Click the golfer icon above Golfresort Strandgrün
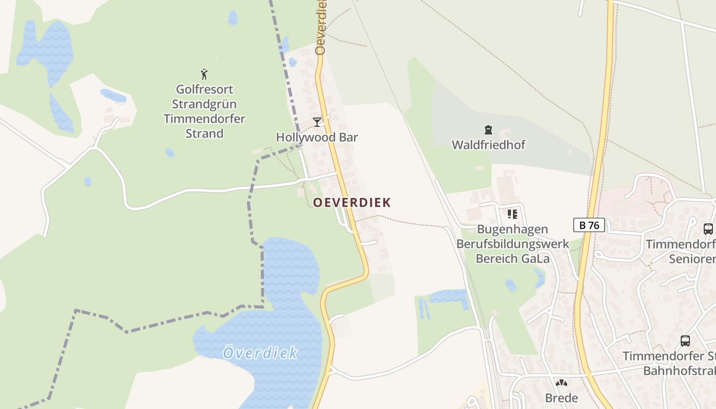(x=205, y=74)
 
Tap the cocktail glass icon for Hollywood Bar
(x=317, y=122)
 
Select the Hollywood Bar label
(x=317, y=137)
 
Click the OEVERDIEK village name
(x=352, y=202)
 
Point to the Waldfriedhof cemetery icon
(x=488, y=130)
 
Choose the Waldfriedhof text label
(x=488, y=145)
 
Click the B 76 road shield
(x=589, y=225)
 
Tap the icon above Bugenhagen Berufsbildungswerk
(x=512, y=214)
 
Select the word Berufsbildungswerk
(x=512, y=244)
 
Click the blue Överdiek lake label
(x=260, y=353)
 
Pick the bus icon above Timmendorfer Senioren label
(x=708, y=229)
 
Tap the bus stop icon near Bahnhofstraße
(x=685, y=340)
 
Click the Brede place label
(x=562, y=398)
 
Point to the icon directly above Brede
(x=562, y=383)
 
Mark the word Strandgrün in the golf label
(x=204, y=104)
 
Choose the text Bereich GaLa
(x=512, y=259)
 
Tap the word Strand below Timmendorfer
(x=204, y=133)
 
